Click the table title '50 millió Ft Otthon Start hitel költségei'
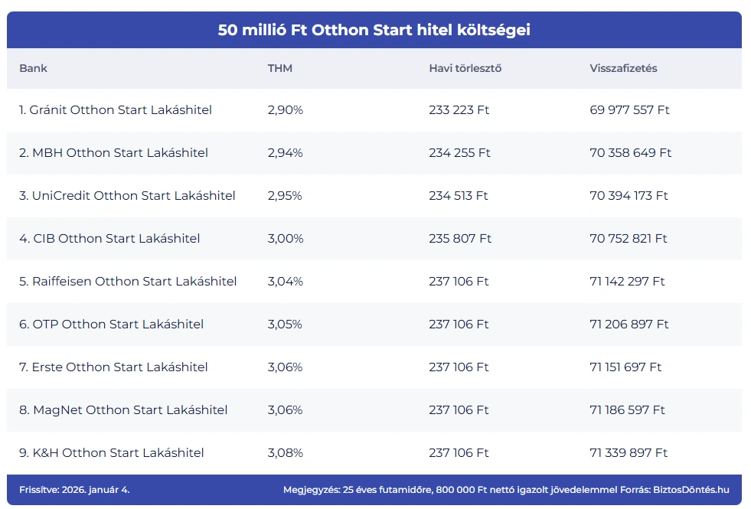point(374,31)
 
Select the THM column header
point(280,68)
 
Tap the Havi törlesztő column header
point(465,68)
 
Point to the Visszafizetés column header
point(623,68)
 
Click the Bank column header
point(33,68)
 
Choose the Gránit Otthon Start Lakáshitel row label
point(116,110)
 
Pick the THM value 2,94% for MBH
point(286,153)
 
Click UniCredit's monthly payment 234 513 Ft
point(459,196)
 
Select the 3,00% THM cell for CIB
point(286,239)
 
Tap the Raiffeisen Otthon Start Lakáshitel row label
point(128,282)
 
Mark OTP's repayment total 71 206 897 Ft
point(629,325)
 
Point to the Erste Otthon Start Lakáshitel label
point(113,367)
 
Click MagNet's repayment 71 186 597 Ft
point(628,410)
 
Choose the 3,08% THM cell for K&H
point(286,453)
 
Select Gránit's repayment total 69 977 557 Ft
point(629,110)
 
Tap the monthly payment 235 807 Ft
point(460,239)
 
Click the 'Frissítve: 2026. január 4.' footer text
point(69,489)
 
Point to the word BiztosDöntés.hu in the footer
point(695,489)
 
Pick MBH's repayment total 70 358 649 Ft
point(631,153)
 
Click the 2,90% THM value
point(286,110)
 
